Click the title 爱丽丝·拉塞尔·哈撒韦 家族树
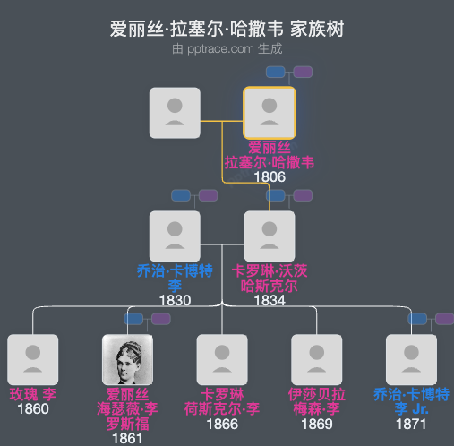click(227, 29)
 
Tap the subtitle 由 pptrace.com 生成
click(227, 48)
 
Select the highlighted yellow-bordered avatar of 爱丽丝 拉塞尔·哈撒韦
click(270, 113)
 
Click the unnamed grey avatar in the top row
click(175, 113)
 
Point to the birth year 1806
click(270, 176)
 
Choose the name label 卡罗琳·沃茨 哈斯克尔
click(270, 279)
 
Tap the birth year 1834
click(270, 300)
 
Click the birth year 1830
click(175, 300)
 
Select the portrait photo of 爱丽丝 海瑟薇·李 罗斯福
click(128, 360)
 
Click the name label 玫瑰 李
click(33, 394)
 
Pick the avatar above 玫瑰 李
click(33, 360)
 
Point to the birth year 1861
click(128, 439)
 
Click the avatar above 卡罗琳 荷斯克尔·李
click(222, 360)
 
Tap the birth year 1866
click(222, 424)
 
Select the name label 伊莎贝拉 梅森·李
click(317, 401)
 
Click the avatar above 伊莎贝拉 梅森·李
click(317, 360)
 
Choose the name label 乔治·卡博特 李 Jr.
click(411, 401)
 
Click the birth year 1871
click(411, 424)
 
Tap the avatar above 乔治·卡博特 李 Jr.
click(411, 360)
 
